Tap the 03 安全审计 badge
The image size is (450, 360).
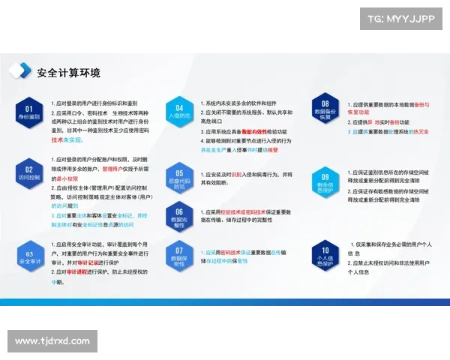click(28, 257)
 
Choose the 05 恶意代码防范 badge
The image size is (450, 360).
click(179, 178)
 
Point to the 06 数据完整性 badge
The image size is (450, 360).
click(179, 216)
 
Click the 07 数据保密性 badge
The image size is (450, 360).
click(179, 256)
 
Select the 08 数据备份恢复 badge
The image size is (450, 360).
click(325, 111)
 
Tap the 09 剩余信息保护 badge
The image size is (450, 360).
click(325, 182)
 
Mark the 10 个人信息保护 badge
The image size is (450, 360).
click(325, 256)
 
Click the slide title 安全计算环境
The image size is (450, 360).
click(68, 73)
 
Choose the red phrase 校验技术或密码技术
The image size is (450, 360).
click(241, 211)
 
